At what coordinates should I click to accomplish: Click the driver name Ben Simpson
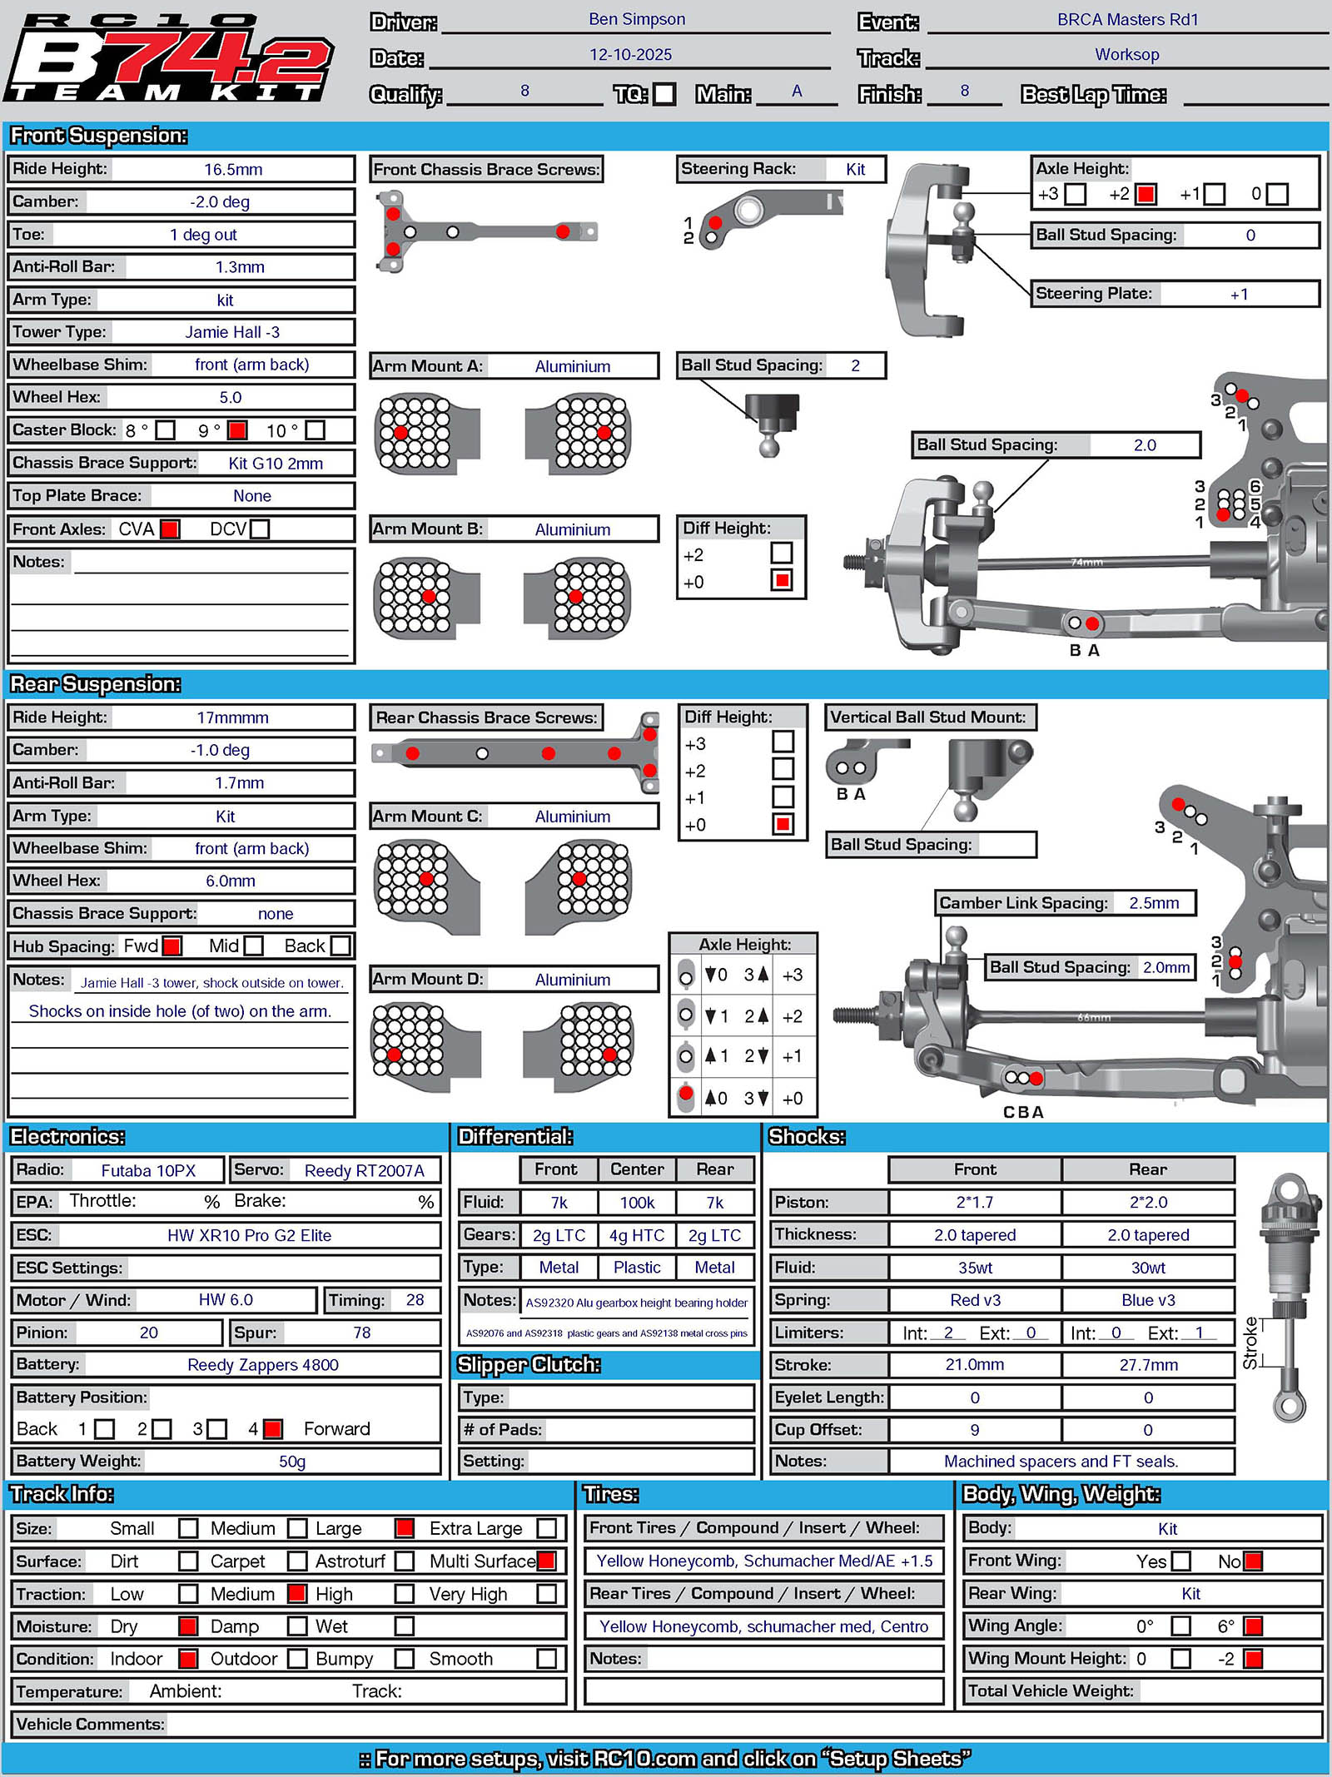[x=637, y=19]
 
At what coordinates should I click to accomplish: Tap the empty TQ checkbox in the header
[x=664, y=93]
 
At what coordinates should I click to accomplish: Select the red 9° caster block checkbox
[x=237, y=430]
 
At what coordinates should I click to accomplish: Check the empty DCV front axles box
[x=260, y=529]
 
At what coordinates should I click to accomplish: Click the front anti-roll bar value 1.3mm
[x=240, y=267]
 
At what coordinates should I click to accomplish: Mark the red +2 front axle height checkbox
[x=1146, y=194]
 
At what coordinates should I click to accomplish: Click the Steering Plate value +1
[x=1239, y=294]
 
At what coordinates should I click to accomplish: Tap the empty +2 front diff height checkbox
[x=782, y=552]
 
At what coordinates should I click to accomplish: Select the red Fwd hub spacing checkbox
[x=172, y=946]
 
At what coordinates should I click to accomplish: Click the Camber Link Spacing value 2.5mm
[x=1154, y=903]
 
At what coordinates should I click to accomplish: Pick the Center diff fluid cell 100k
[x=637, y=1202]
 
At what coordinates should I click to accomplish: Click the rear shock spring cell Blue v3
[x=1148, y=1300]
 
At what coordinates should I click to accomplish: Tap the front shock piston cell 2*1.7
[x=975, y=1202]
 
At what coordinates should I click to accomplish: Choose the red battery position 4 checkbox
[x=272, y=1429]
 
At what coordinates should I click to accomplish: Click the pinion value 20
[x=149, y=1333]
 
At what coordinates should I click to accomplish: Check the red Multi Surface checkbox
[x=547, y=1561]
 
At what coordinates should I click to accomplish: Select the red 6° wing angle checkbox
[x=1253, y=1626]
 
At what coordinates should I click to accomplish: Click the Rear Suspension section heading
[x=96, y=684]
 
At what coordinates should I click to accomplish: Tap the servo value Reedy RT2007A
[x=365, y=1170]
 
